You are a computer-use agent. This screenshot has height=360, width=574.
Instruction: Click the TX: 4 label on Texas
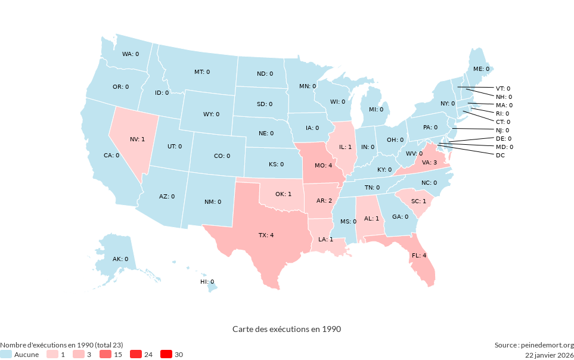tap(266, 235)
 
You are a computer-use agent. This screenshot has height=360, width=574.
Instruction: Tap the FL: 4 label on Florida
tap(419, 255)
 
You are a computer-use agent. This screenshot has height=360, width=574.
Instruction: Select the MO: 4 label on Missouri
tap(324, 165)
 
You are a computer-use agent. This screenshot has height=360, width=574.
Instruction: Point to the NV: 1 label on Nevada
tap(137, 139)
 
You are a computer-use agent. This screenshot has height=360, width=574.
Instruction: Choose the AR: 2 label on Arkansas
tap(324, 200)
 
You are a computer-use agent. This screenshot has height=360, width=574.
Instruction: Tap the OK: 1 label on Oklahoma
tap(283, 194)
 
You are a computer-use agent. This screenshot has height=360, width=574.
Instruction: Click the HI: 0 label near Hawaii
tap(207, 281)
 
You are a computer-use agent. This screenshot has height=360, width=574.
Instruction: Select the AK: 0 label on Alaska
tap(120, 259)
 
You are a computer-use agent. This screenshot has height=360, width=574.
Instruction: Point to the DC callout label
tap(500, 156)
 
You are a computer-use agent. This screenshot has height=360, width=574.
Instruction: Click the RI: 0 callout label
tap(502, 113)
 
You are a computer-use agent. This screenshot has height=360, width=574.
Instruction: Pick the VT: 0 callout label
tap(503, 88)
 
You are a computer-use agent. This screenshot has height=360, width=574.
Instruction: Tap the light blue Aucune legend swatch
tap(5, 355)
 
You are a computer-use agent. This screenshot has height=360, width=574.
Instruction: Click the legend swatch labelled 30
tap(166, 355)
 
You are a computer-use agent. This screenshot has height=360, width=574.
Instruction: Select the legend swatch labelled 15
tap(106, 355)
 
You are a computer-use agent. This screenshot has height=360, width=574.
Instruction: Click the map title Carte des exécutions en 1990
tap(287, 329)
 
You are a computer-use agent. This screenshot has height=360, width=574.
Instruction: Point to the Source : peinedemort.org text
tap(533, 345)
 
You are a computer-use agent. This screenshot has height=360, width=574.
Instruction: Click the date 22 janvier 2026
tap(549, 355)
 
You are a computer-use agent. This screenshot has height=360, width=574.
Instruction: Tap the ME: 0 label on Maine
tap(481, 69)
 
